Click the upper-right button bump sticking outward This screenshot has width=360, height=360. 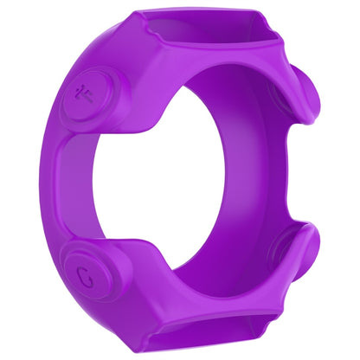(x=312, y=97)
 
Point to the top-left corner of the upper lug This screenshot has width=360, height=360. (x=137, y=16)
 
